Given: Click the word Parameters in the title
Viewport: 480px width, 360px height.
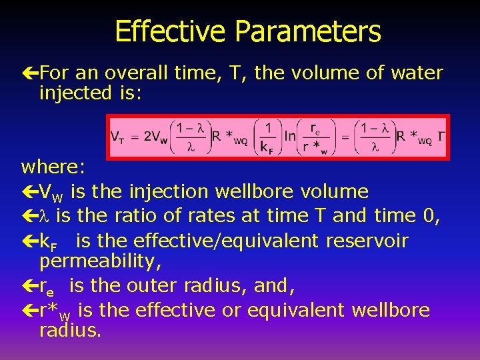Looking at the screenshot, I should tap(313, 31).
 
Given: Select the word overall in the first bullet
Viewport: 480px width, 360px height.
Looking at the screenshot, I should tap(134, 73).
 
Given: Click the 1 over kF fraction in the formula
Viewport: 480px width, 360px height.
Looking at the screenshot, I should tap(268, 137).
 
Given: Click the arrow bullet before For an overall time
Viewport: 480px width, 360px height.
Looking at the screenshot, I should tap(30, 73).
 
